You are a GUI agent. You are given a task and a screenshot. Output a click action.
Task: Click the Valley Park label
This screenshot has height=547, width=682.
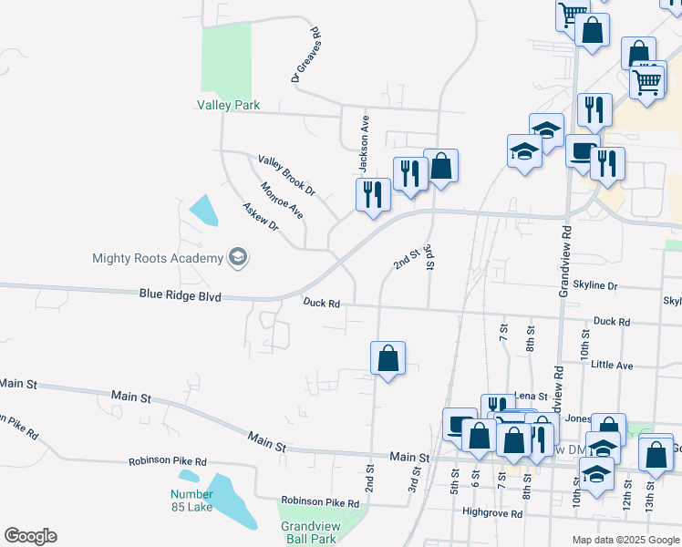click(x=229, y=105)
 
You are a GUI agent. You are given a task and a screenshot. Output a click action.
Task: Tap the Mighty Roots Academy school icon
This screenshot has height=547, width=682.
click(x=238, y=258)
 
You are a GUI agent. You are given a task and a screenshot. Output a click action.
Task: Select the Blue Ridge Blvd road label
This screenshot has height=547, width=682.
click(x=181, y=294)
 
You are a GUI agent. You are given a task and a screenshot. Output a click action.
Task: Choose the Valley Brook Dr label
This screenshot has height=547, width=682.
click(x=285, y=176)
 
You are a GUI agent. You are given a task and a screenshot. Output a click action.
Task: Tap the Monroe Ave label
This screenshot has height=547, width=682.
click(x=281, y=201)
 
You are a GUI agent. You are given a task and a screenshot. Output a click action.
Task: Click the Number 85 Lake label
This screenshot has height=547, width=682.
click(x=191, y=501)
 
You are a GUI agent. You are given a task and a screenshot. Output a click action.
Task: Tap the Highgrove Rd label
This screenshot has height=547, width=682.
click(x=492, y=513)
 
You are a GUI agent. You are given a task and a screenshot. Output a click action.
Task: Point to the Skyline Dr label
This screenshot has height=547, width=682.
click(x=588, y=286)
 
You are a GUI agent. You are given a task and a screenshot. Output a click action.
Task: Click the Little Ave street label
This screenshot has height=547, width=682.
click(x=612, y=365)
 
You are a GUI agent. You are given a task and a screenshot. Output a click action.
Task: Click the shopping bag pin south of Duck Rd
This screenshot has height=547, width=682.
click(x=388, y=358)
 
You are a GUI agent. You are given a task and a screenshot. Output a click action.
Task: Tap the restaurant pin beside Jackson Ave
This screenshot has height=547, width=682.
click(x=372, y=195)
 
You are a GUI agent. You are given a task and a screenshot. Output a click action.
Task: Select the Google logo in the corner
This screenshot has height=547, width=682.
click(x=29, y=536)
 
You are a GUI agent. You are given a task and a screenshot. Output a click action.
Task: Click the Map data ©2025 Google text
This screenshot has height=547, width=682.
click(x=625, y=540)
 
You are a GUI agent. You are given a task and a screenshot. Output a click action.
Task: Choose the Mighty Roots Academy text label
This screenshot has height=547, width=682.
click(x=158, y=258)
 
